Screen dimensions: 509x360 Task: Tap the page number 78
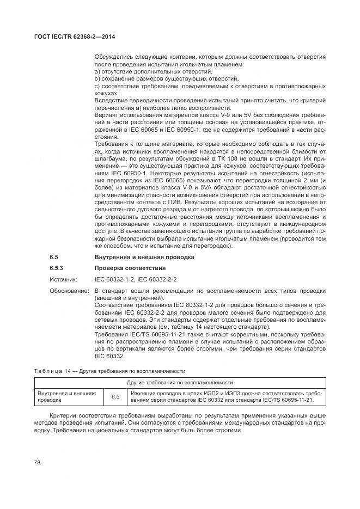[38, 462]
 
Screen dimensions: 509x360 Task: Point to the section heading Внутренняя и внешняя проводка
[143, 256]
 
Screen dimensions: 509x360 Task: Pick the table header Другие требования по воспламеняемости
[180, 383]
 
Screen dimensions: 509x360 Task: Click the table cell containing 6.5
[115, 396]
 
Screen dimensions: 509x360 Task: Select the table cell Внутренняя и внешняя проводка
[66, 396]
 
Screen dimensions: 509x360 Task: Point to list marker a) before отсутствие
[97, 71]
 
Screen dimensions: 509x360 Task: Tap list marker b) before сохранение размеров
[97, 78]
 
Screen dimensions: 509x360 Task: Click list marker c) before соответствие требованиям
[97, 86]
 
